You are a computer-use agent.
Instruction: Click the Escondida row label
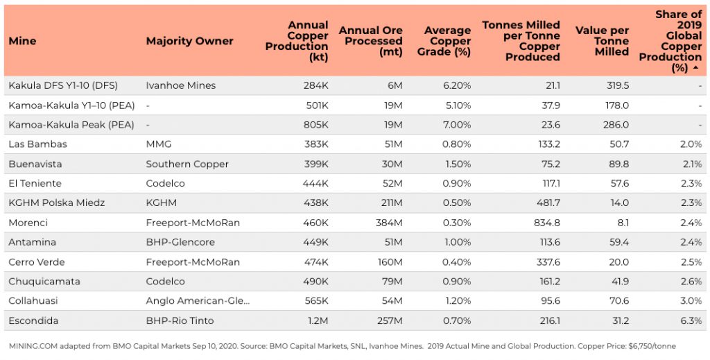coord(33,320)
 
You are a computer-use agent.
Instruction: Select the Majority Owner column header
coord(189,41)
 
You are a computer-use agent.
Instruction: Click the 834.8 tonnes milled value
coord(544,223)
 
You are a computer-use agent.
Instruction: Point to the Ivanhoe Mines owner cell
coord(180,85)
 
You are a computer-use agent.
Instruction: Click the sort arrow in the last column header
coord(695,68)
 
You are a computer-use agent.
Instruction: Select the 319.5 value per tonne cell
coord(616,85)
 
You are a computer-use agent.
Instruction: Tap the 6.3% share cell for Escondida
coord(691,320)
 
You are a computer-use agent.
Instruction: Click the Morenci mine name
coord(27,223)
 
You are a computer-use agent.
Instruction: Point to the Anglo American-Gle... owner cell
coord(198,301)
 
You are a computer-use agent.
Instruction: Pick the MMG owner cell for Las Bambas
coord(158,144)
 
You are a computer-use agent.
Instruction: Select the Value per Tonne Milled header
coord(602,41)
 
